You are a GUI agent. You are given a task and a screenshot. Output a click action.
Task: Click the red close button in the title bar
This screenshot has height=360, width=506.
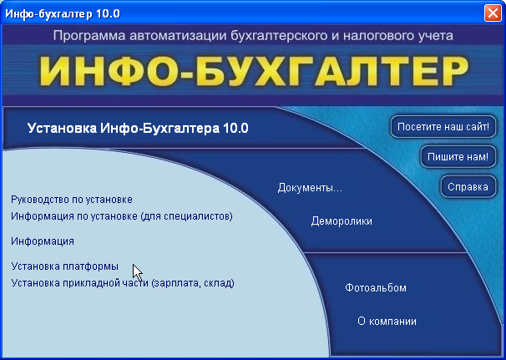click(493, 13)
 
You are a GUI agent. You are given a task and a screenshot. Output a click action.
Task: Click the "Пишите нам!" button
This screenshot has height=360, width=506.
click(458, 157)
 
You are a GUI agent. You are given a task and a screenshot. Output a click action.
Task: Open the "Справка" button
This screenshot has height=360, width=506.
click(468, 187)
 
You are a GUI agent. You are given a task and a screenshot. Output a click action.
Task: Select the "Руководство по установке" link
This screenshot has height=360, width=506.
click(72, 200)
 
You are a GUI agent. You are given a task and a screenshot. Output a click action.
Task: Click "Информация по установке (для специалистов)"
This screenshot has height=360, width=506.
click(122, 216)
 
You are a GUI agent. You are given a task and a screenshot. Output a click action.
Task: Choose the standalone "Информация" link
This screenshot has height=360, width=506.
click(43, 241)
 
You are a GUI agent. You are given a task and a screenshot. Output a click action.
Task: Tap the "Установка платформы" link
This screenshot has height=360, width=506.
click(65, 266)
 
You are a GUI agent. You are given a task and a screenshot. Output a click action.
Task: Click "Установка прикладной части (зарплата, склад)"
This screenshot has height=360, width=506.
click(123, 283)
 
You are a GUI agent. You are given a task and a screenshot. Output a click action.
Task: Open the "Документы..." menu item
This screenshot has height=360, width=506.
click(310, 188)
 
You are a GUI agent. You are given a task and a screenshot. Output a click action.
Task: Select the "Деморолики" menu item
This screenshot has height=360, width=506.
click(342, 221)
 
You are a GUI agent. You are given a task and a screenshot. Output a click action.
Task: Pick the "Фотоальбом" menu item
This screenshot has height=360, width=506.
click(376, 287)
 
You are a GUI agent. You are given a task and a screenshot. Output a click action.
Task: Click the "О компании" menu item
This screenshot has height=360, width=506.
click(387, 322)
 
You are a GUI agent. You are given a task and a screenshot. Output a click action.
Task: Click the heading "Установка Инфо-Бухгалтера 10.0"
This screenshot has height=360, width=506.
click(138, 128)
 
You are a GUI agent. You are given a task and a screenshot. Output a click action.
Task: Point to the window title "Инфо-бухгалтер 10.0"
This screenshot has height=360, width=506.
click(63, 14)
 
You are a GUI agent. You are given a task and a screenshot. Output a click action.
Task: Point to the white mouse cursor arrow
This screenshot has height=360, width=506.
click(138, 273)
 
